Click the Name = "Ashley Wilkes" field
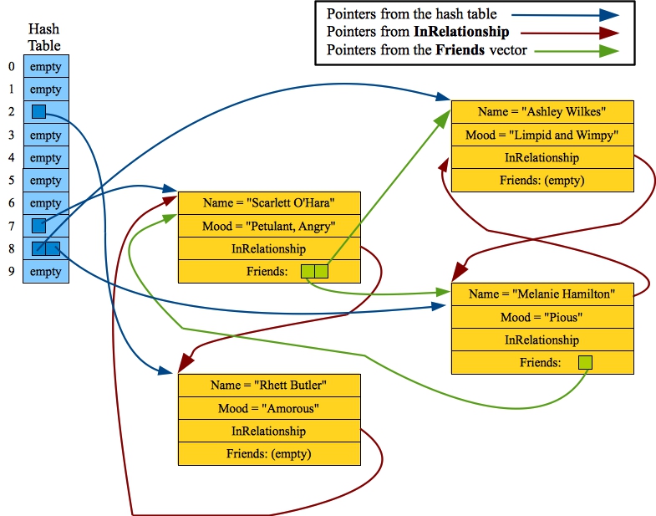point(542,112)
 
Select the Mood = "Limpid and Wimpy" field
point(542,135)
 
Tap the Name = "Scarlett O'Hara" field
point(268,203)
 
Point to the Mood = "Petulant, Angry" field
point(268,226)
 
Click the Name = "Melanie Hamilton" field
point(542,294)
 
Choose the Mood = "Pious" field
point(542,317)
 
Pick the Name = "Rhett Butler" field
point(268,386)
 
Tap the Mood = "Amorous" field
point(268,408)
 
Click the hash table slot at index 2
point(45,112)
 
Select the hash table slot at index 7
point(45,226)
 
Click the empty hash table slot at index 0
point(45,67)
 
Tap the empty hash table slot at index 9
point(45,272)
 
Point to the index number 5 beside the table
point(11,181)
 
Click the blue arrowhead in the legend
point(608,14)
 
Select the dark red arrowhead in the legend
point(608,33)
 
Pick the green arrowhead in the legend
point(608,51)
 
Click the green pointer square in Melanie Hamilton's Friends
point(585,362)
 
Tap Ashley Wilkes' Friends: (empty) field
point(542,180)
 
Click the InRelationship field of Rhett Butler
point(268,431)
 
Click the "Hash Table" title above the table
point(44,38)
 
